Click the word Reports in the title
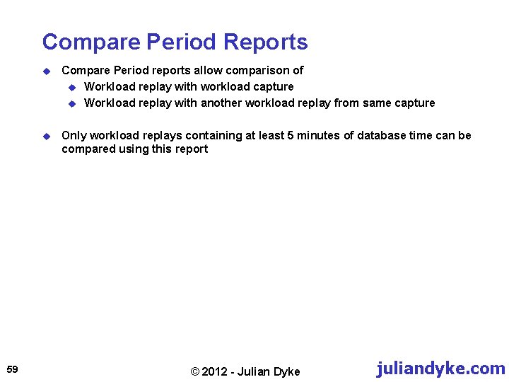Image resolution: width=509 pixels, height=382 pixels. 266,42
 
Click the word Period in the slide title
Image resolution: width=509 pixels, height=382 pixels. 183,42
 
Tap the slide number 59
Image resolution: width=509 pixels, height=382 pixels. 12,369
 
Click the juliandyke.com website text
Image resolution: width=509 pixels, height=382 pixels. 441,369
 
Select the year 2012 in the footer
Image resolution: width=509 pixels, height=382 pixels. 216,371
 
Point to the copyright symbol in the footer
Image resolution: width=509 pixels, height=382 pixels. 196,371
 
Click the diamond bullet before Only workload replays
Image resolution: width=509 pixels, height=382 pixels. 46,136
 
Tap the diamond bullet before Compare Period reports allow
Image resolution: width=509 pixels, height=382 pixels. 46,71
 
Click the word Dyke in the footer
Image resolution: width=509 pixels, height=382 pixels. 286,371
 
